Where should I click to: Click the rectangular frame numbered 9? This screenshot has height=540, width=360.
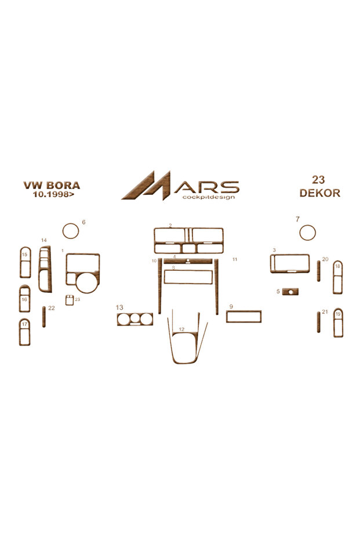[x=243, y=311]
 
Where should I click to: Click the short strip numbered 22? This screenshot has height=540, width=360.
[x=43, y=317]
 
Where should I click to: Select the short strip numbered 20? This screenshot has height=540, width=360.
[x=319, y=271]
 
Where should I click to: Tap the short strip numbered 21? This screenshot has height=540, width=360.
[x=319, y=322]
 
